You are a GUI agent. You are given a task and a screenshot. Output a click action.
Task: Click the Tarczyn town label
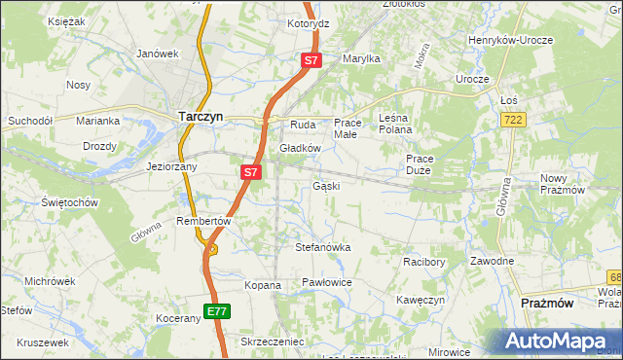tap(202, 116)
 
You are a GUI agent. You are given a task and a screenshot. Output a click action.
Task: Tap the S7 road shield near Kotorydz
tap(311, 60)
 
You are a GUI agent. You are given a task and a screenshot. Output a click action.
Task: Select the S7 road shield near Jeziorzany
tap(251, 172)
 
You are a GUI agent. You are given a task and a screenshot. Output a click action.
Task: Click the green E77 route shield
tap(217, 311)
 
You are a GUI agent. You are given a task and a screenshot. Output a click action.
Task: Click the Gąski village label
tap(326, 185)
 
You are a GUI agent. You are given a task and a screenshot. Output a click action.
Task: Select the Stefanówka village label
tap(323, 248)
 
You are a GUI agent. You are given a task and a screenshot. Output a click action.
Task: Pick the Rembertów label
tap(202, 221)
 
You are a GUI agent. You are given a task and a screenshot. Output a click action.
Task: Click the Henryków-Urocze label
tap(511, 40)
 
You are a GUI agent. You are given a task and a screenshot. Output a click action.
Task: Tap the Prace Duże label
tap(420, 164)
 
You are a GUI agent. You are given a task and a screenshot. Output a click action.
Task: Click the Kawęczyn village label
tap(421, 300)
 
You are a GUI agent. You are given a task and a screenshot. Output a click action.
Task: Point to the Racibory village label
tap(423, 262)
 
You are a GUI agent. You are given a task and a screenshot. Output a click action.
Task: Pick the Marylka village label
tap(360, 58)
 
